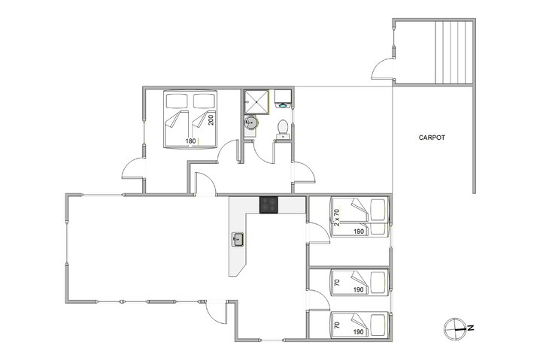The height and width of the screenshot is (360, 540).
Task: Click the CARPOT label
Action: click(432, 138)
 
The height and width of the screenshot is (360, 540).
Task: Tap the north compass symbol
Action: click(456, 327)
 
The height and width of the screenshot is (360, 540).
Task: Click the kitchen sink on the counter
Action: click(238, 240)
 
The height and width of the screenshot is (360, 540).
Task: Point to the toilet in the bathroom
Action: click(282, 129)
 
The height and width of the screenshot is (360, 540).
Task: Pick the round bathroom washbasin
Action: click(251, 124)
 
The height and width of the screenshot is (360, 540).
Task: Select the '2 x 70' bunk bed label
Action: click(338, 219)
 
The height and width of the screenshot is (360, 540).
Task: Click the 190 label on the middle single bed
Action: click(359, 289)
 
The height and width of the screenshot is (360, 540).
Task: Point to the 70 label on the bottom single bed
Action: click(337, 326)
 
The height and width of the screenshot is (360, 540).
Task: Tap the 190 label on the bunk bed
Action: click(359, 231)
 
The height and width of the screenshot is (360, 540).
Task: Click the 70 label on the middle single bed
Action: click(337, 284)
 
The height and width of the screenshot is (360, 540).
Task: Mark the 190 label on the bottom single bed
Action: click(359, 331)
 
